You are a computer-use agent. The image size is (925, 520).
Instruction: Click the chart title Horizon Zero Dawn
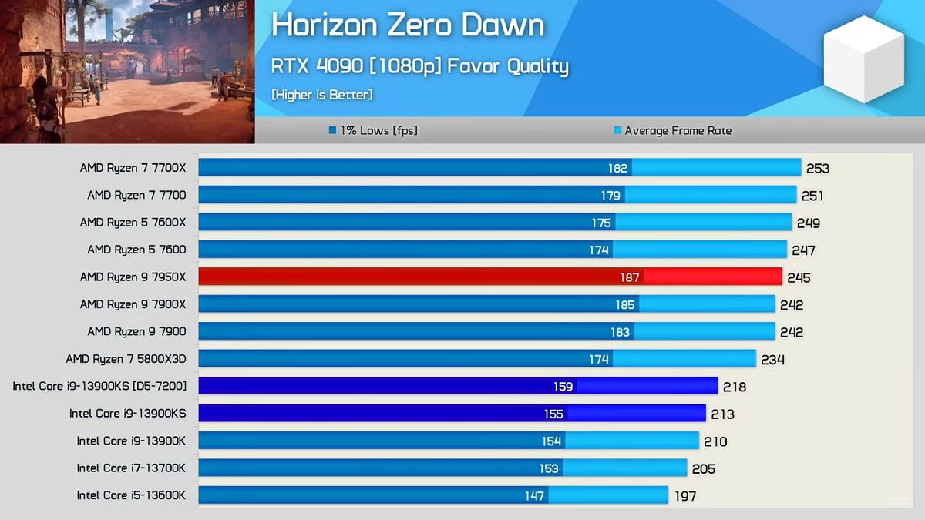click(x=408, y=25)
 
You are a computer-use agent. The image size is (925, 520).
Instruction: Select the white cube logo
click(x=863, y=59)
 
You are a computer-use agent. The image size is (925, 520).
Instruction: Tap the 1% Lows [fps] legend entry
click(x=373, y=130)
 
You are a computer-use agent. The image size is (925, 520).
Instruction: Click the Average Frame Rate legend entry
click(x=672, y=130)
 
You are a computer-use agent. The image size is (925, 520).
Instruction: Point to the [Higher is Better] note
click(x=321, y=95)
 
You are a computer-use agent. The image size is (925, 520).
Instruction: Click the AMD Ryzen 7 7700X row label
click(x=133, y=167)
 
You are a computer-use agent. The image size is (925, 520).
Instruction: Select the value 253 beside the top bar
click(x=817, y=168)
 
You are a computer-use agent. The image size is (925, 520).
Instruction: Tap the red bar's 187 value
click(x=630, y=277)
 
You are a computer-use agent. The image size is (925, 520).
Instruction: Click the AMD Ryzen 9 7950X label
click(x=133, y=277)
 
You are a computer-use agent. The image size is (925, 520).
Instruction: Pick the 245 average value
click(x=799, y=277)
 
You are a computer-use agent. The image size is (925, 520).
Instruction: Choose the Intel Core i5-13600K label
click(x=131, y=495)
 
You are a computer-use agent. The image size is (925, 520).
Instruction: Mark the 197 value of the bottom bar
click(x=684, y=495)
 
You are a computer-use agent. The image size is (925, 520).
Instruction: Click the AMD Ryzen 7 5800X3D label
click(x=126, y=358)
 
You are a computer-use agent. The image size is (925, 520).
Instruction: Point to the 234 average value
click(x=772, y=359)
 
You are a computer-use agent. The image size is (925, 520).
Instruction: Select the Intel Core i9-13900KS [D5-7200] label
click(x=99, y=386)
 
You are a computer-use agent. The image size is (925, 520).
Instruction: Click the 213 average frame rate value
click(x=722, y=414)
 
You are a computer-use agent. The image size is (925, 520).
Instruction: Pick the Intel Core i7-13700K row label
click(x=131, y=468)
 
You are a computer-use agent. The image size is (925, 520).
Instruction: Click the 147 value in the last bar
click(x=534, y=495)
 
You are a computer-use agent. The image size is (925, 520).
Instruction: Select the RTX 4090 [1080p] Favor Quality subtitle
click(x=419, y=67)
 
